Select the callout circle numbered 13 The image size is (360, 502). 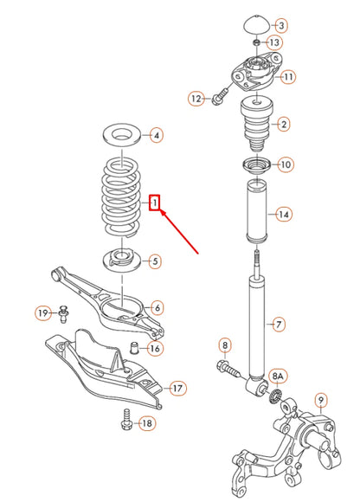275,42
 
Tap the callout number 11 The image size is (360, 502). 287,77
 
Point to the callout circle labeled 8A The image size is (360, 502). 279,376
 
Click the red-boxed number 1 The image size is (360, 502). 154,203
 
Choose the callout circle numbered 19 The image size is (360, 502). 42,312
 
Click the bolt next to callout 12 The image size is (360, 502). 220,97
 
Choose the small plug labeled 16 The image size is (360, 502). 134,349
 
